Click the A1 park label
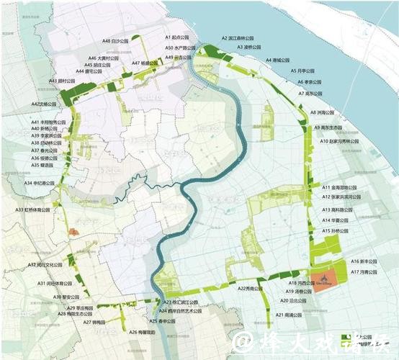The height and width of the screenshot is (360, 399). tap(176, 36)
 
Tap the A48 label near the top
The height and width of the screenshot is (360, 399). tap(115, 42)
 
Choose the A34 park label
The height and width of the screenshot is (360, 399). tap(39, 183)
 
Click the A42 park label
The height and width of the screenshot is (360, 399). tap(45, 104)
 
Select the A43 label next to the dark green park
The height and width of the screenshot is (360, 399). tap(62, 81)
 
